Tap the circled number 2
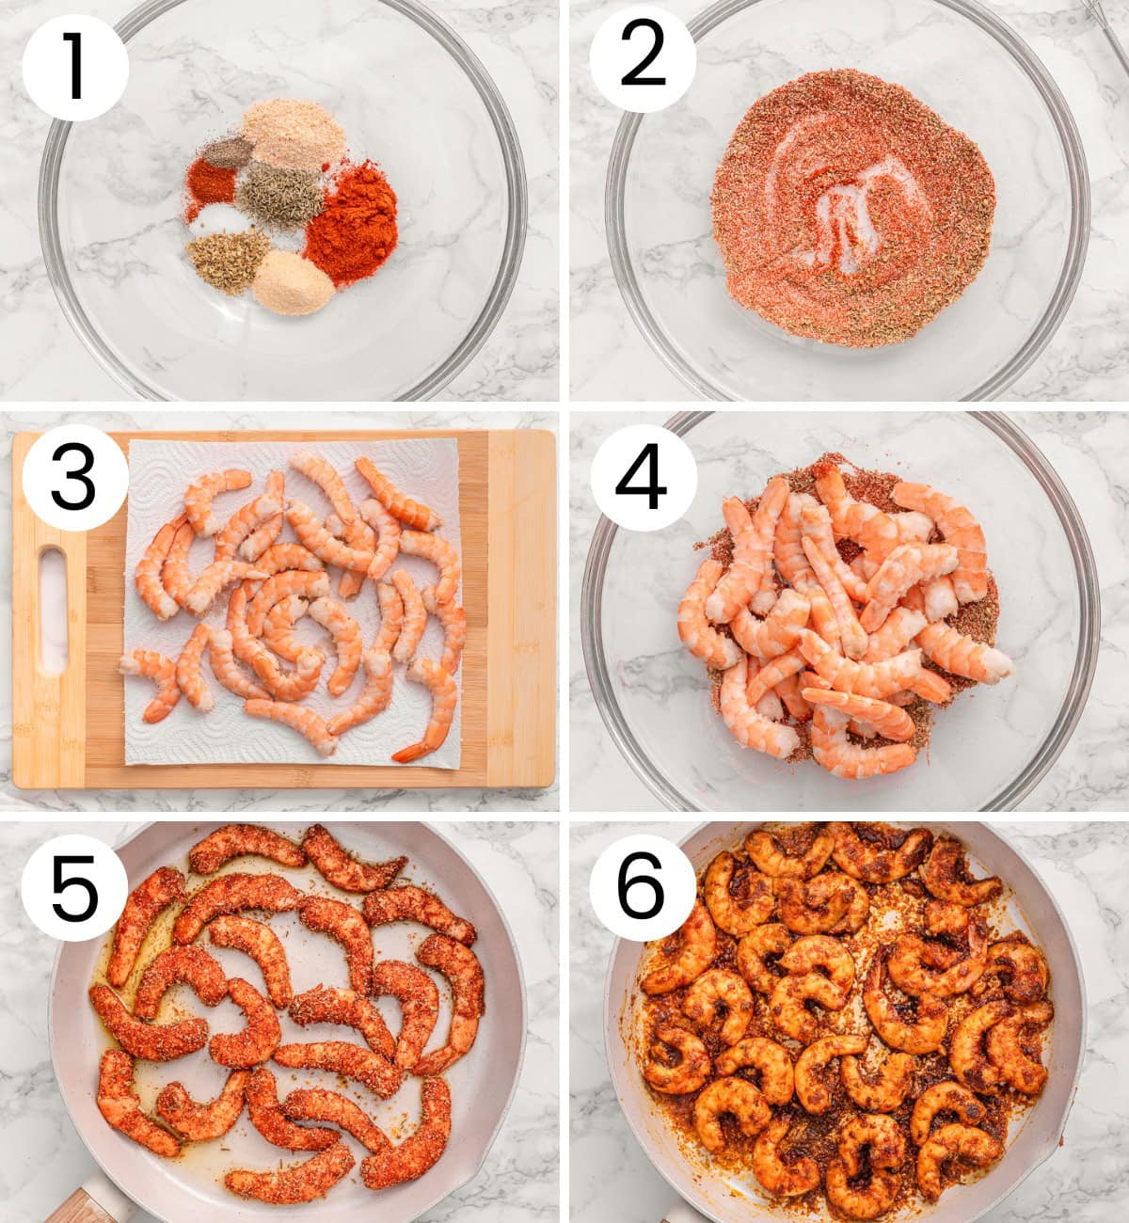[644, 58]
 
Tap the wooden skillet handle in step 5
[89, 1204]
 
